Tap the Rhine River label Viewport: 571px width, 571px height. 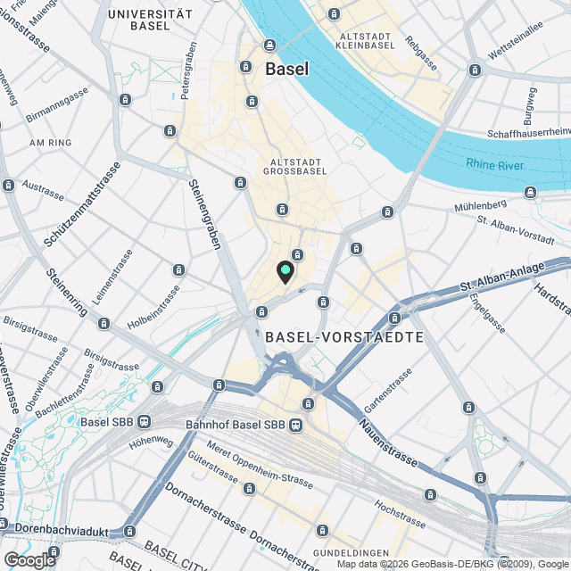click(497, 163)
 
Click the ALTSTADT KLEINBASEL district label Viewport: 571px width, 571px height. click(361, 39)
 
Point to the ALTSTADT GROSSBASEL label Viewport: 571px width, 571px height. click(294, 168)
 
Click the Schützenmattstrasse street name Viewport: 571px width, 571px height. click(83, 207)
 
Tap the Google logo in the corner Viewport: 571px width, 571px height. click(29, 559)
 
